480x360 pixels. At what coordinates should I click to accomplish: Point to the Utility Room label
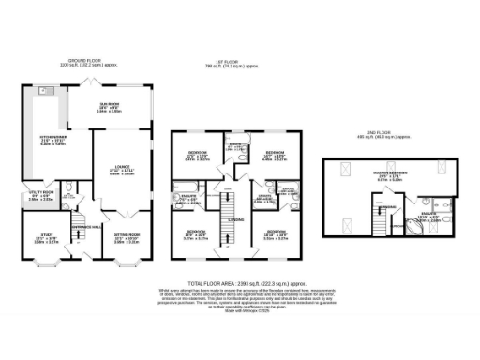(40, 196)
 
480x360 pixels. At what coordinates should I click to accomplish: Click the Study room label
(40, 235)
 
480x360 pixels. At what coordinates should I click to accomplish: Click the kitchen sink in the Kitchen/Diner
(44, 91)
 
